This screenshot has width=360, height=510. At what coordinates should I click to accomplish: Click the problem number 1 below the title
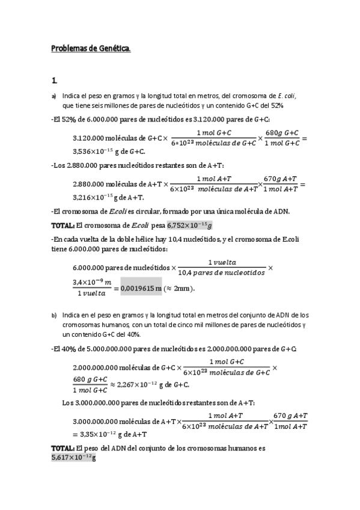click(x=54, y=79)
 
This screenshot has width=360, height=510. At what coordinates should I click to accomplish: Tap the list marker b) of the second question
click(x=53, y=315)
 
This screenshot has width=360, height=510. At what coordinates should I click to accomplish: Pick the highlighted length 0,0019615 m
click(x=141, y=288)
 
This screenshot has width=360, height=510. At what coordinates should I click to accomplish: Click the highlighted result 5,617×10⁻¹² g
click(x=73, y=458)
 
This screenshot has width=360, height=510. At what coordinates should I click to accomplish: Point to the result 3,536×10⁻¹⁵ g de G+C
click(x=109, y=152)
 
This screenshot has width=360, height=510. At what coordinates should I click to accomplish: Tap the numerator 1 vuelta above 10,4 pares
click(x=222, y=262)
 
